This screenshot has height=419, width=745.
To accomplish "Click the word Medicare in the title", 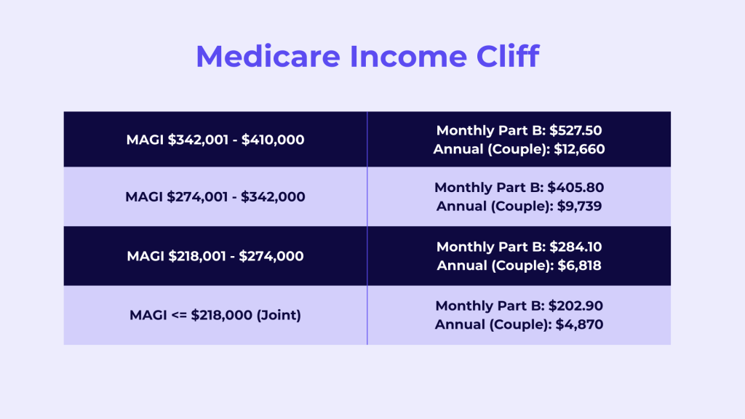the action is point(268,56).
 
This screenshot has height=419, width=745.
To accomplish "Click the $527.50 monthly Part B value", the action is point(575,130).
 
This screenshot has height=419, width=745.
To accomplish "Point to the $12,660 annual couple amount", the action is point(579,149).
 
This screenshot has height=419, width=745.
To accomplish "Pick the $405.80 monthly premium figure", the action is point(575,187).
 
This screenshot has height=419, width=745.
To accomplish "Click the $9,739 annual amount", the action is point(579,206).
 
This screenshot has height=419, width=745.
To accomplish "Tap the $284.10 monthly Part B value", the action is point(575,247).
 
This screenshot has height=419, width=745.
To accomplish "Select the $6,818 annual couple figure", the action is point(579,266).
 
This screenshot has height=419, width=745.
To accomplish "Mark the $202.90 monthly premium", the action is point(575,306).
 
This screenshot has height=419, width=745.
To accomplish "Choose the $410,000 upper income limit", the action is point(273,140).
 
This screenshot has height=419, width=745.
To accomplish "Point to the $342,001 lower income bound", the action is point(198,140).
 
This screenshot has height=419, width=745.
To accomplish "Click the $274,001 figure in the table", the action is point(197,196).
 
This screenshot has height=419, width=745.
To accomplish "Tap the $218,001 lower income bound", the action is point(197,256).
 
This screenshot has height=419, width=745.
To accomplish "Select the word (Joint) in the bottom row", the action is point(279,315).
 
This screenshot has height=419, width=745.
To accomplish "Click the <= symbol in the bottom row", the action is point(178,316).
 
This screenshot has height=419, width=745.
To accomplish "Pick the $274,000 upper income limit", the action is point(271,256).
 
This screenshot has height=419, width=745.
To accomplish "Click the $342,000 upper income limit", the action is point(273,196).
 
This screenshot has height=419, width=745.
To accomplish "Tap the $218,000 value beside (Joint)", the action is point(221,315).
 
